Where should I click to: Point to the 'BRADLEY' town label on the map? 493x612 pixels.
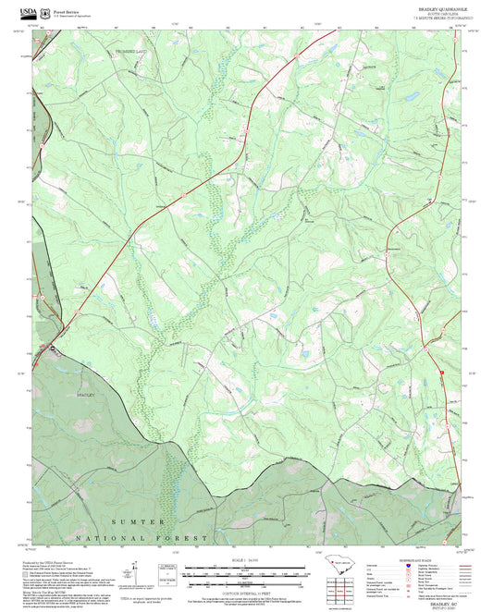click(x=85, y=395)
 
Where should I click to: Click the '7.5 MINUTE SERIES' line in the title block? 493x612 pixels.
click(x=431, y=18)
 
